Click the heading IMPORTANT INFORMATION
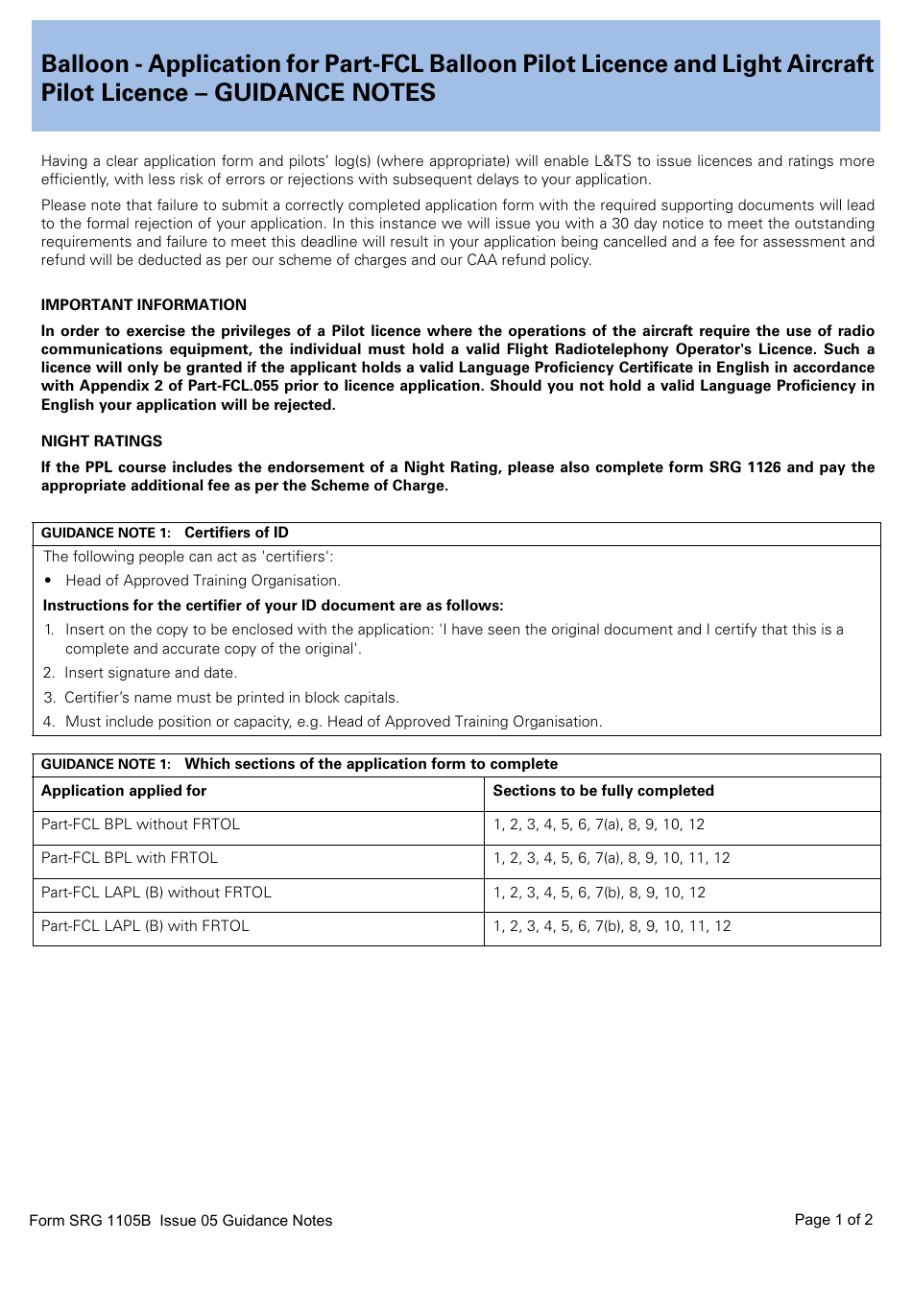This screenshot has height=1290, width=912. coord(143,305)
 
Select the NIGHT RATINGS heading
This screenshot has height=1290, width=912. coord(102,442)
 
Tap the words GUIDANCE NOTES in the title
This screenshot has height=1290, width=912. coord(324,93)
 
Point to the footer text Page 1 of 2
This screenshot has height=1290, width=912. coord(833,1219)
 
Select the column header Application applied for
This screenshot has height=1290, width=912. coord(124,791)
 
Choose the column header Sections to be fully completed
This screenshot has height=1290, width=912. coord(603,791)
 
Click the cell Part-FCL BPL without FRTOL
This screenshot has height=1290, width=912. coord(140,824)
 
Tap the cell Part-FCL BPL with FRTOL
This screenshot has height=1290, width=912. coord(130,858)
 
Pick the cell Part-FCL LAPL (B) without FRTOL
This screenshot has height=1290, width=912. coord(156,893)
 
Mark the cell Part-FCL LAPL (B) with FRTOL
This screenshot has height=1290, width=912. coord(145,926)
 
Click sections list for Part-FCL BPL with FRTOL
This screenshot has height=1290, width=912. coord(612,858)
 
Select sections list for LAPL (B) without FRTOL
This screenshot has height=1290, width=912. coord(599,893)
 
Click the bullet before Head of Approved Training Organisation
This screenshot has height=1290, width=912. coord(48,581)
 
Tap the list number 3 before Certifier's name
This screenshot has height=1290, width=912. coord(49,698)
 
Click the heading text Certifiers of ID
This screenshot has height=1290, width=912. coord(236,533)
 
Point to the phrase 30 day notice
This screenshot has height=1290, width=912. coord(658,224)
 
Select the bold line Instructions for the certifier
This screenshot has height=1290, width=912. coord(273,606)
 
